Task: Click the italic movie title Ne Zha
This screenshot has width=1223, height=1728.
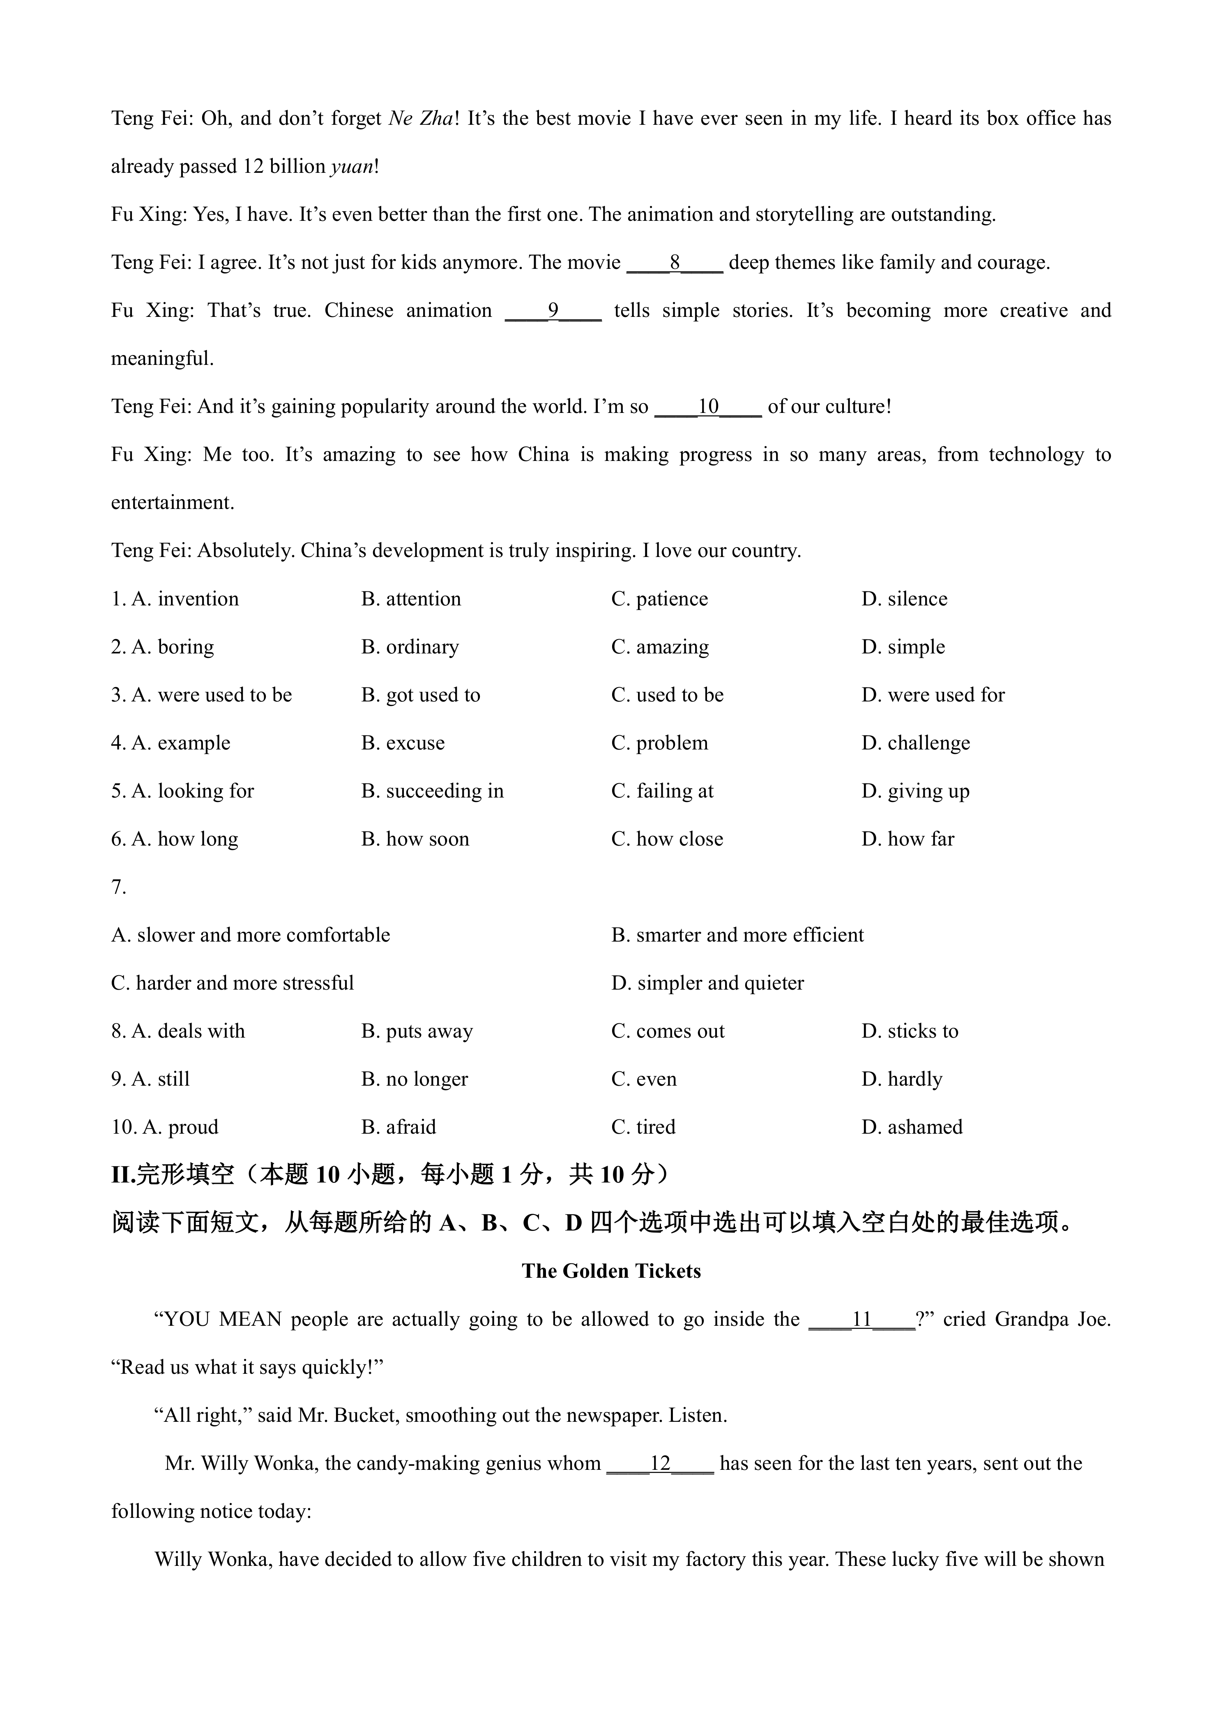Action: [421, 119]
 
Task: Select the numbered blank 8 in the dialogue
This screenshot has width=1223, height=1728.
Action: [675, 263]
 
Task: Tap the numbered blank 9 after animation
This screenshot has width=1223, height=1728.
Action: [553, 311]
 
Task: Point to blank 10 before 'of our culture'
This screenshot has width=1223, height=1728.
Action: [708, 407]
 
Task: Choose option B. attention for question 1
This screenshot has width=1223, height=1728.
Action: [411, 599]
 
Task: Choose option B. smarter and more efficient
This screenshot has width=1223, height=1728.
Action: [737, 935]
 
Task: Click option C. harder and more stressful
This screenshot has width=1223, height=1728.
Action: [232, 984]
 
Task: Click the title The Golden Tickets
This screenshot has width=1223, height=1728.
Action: [611, 1271]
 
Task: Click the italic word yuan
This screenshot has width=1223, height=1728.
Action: [352, 167]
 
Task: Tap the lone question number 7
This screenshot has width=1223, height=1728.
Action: [118, 888]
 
